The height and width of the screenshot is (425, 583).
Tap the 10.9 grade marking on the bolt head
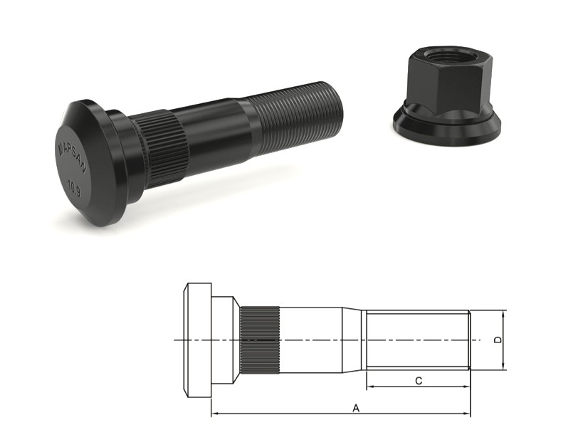tap(73, 189)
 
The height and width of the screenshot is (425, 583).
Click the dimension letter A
tap(355, 407)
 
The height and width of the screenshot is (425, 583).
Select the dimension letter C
tap(419, 381)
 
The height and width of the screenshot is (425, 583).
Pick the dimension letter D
tap(498, 340)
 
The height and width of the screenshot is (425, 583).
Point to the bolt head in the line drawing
tap(198, 340)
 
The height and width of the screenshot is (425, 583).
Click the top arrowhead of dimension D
tap(504, 314)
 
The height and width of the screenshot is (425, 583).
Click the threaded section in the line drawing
tap(416, 340)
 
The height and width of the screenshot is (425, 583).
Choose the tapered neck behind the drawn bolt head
tap(227, 340)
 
